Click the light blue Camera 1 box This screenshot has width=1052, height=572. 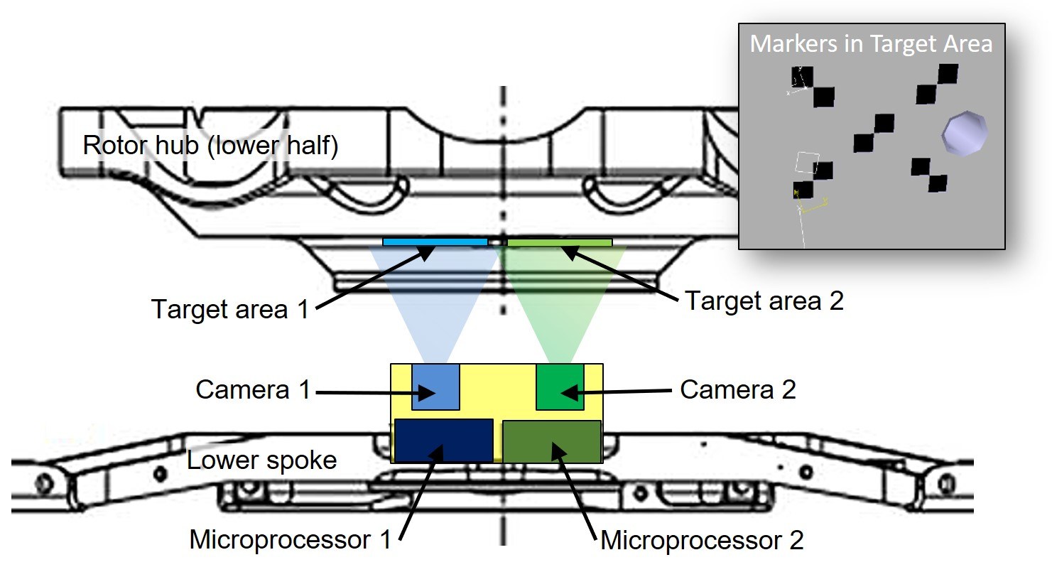click(435, 387)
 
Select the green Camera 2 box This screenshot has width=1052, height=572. click(560, 387)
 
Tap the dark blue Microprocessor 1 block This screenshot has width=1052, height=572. click(444, 441)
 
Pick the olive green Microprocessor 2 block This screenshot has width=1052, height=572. click(552, 441)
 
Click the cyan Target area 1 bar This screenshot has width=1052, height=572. click(435, 242)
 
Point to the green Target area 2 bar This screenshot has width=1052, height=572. click(559, 242)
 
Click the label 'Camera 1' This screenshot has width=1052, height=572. click(254, 390)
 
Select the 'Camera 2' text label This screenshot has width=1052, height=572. click(738, 389)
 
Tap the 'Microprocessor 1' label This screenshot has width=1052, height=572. click(291, 540)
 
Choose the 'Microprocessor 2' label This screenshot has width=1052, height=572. click(702, 541)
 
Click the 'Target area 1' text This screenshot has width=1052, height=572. click(230, 310)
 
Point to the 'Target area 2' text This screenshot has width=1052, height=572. click(764, 301)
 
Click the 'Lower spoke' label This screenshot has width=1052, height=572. click(261, 460)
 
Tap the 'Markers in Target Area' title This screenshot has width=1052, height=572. click(871, 43)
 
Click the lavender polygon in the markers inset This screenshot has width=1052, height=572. click(964, 132)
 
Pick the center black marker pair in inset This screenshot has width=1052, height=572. click(873, 133)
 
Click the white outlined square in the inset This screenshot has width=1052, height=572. click(807, 164)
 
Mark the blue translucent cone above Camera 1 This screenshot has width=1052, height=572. click(435, 298)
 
